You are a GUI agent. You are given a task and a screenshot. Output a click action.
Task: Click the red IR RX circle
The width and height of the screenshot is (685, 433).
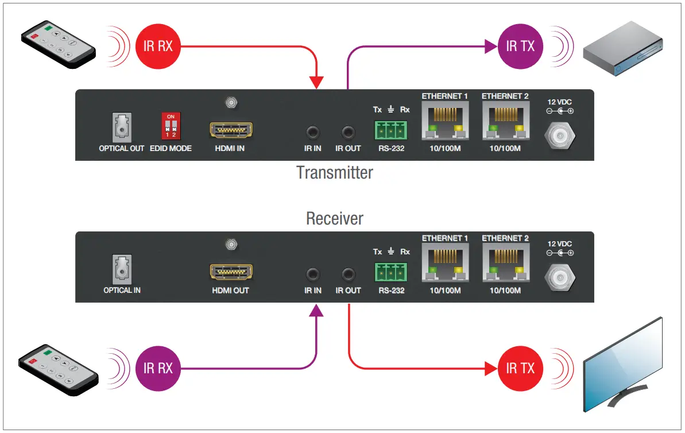(x=158, y=46)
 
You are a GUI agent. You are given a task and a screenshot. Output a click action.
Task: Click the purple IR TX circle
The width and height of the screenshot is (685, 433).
(x=520, y=46)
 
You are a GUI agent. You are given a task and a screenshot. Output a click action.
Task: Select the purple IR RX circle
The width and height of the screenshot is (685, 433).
(x=158, y=368)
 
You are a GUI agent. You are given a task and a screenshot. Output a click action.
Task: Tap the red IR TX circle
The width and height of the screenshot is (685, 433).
(x=520, y=368)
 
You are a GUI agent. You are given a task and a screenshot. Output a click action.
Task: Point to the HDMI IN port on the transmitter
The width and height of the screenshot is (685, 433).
(x=231, y=131)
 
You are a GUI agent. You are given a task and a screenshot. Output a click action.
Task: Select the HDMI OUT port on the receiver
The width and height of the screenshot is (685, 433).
(x=231, y=273)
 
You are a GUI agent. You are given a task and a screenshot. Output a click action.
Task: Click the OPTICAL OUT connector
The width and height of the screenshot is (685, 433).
(x=122, y=127)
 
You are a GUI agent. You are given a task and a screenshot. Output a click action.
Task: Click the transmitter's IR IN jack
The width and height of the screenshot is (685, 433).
(x=313, y=133)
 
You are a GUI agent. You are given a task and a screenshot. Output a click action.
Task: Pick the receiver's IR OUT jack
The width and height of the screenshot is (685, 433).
(x=348, y=275)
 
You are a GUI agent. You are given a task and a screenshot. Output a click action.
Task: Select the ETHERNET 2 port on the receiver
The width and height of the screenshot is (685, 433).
(x=505, y=263)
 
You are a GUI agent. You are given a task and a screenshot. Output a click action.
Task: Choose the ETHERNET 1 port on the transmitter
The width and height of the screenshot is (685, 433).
(x=445, y=121)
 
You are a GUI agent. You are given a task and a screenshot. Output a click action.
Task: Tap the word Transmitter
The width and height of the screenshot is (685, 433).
(x=335, y=172)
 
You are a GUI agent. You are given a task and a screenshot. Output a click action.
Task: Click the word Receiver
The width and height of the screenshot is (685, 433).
(x=335, y=218)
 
